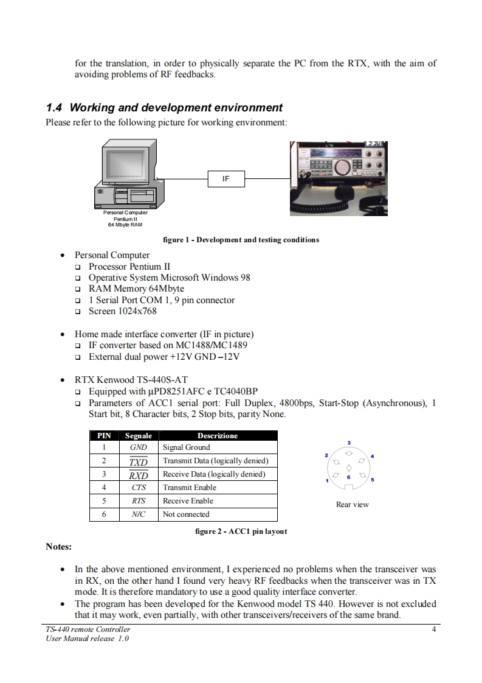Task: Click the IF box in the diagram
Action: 226,179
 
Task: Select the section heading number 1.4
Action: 54,108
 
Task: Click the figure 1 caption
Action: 241,240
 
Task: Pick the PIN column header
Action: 105,436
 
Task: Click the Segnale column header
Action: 139,436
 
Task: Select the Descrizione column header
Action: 218,436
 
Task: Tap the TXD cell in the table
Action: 139,461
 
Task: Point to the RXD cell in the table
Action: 139,474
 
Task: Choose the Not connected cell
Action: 186,514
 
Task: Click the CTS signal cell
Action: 139,488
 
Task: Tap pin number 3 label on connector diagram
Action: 349,442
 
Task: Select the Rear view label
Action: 353,505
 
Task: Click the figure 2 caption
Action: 241,531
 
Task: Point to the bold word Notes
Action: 59,547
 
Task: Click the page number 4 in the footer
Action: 433,629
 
